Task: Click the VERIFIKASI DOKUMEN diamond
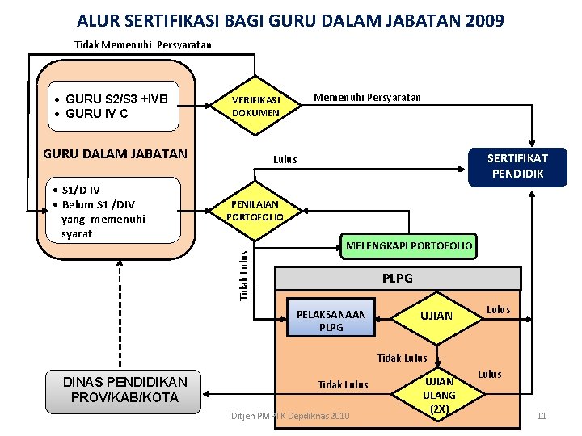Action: point(255,106)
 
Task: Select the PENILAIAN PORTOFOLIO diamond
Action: point(255,211)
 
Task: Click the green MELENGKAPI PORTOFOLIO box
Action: point(409,245)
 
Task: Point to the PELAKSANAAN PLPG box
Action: point(331,321)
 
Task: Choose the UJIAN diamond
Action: point(436,316)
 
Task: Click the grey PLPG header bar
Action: point(397,279)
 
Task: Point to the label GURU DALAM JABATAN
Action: point(115,154)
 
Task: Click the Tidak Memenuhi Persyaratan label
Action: point(143,45)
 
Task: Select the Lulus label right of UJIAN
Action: point(498,309)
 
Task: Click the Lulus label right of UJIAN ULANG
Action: point(490,374)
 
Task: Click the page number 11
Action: point(542,416)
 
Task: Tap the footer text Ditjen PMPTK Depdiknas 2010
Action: point(290,416)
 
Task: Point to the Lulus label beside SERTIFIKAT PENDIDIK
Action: point(285,159)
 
